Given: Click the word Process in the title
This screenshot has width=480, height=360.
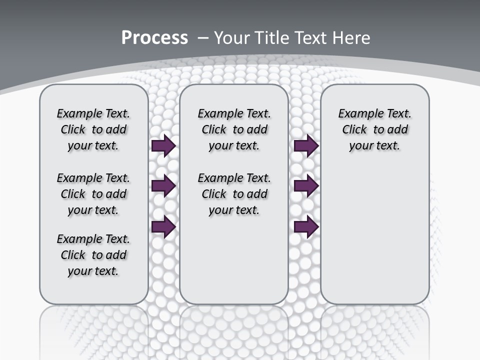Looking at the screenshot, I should tap(154, 37).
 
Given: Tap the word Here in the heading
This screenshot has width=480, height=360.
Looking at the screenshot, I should tap(351, 37).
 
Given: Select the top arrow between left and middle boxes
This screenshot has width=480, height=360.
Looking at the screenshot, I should tap(163, 145).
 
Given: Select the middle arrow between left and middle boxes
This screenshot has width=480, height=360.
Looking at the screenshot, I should tap(163, 186).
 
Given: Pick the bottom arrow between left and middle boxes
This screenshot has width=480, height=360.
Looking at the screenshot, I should tap(163, 227).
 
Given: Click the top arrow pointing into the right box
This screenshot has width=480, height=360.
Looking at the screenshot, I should tap(306, 145).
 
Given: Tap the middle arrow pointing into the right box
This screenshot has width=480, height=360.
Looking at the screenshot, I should tap(306, 186).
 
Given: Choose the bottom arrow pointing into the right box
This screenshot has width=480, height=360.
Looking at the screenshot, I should tap(306, 227).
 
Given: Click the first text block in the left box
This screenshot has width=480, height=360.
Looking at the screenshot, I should tap(93, 129).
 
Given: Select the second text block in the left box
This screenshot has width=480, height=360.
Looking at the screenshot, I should tap(93, 194).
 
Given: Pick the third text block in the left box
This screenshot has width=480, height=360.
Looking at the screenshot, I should tap(93, 255).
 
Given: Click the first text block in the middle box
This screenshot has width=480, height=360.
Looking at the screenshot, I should tap(234, 129).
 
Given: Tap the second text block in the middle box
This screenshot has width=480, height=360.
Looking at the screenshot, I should tap(234, 194).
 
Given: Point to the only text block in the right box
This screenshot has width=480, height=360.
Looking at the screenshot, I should tap(374, 129).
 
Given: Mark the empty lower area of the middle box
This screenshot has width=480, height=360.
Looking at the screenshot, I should tap(234, 260).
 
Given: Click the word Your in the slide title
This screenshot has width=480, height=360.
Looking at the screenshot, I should tap(232, 37).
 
